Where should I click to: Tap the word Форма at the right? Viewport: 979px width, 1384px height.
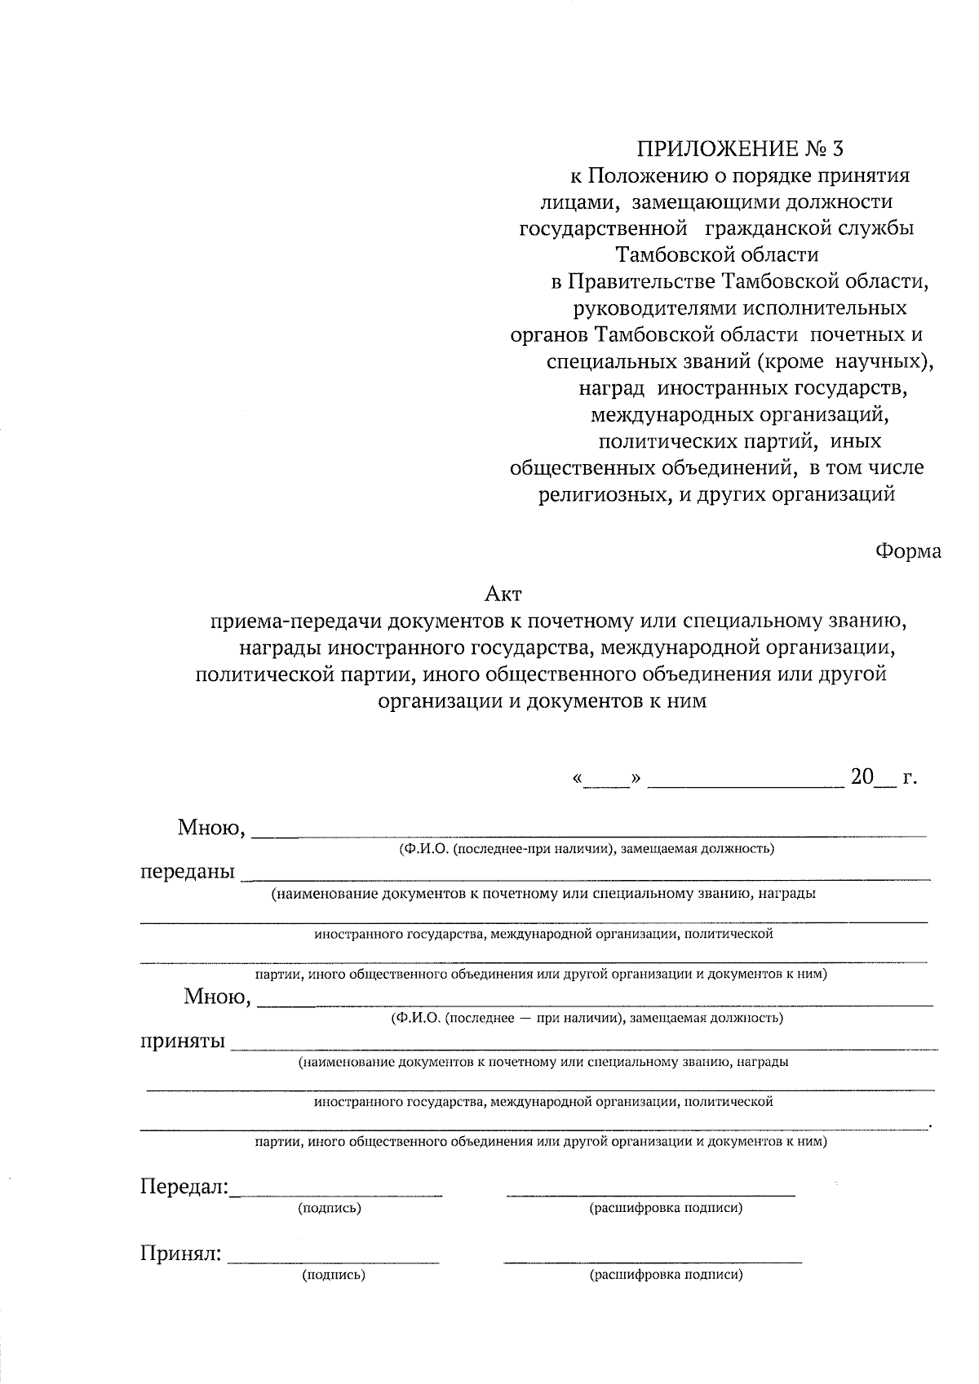coord(908,551)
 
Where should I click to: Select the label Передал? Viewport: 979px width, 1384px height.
coord(184,1186)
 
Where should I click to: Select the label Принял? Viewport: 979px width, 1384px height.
coord(181,1254)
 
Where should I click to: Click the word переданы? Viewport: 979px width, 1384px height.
coord(187,872)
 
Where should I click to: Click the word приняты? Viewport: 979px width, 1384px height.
coord(183,1041)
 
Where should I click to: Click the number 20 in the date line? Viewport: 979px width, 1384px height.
coord(862,776)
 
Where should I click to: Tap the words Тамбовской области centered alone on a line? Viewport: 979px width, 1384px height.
coord(717,255)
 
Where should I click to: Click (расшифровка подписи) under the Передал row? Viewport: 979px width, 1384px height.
coord(666,1209)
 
